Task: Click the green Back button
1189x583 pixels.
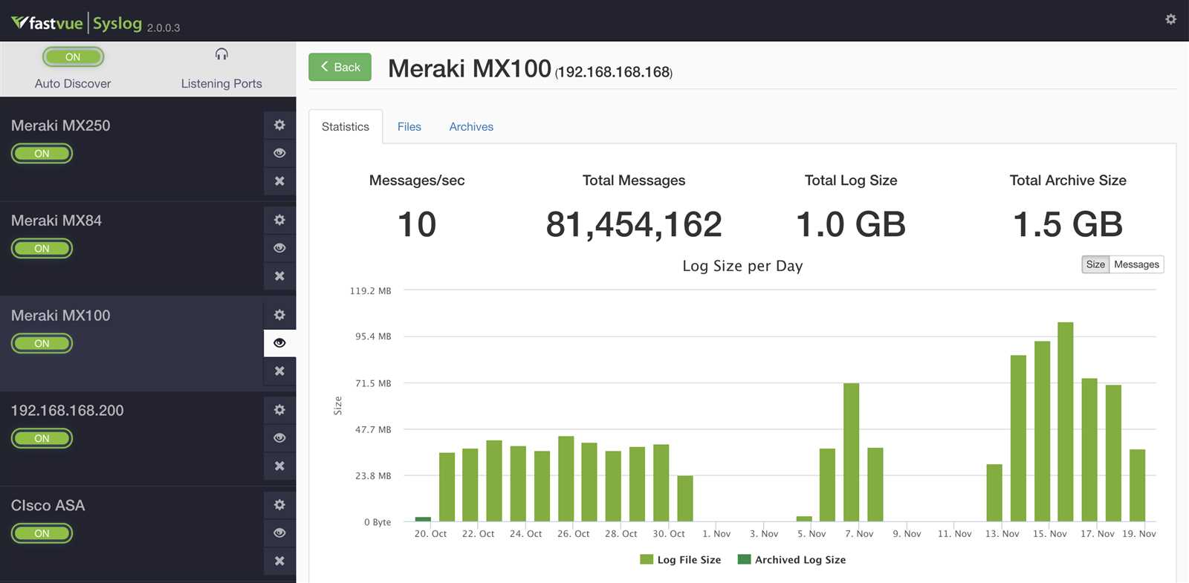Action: (x=340, y=67)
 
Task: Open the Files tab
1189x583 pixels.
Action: (x=409, y=127)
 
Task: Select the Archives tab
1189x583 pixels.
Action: (x=470, y=127)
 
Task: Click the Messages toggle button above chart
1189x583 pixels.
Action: (x=1135, y=264)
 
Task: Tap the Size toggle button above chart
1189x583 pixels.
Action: (x=1095, y=264)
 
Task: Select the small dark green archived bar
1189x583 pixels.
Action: (x=423, y=518)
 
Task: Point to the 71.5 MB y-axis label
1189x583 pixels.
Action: (x=373, y=383)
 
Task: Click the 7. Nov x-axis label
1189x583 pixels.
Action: (x=859, y=533)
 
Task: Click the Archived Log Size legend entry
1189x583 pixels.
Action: (x=792, y=560)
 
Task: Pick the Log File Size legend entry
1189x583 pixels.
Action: (x=681, y=560)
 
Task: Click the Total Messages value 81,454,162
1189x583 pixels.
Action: (x=633, y=224)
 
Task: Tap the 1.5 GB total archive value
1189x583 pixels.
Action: (x=1067, y=224)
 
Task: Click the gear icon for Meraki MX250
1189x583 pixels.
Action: (x=279, y=125)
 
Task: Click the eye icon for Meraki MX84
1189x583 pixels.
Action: (x=279, y=248)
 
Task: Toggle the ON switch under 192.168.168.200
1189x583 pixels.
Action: (x=42, y=438)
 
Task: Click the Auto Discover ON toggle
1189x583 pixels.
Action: (x=73, y=57)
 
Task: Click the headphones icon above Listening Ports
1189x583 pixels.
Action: (x=221, y=54)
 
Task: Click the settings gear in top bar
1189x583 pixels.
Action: (x=1170, y=19)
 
